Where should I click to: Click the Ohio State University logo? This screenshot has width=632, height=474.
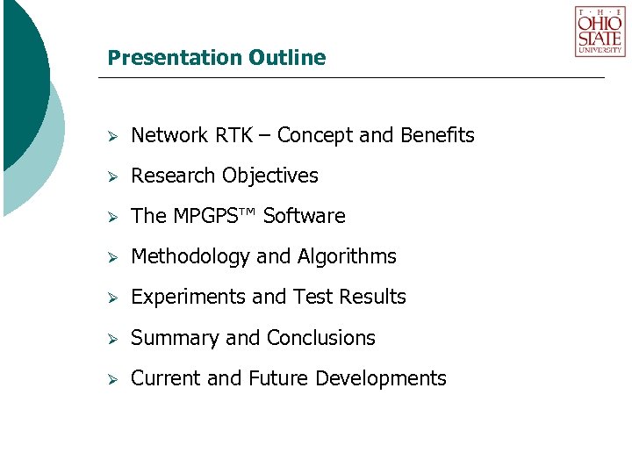[x=600, y=32]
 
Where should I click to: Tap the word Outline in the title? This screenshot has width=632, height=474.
[x=287, y=58]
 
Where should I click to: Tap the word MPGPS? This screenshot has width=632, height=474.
[x=216, y=216]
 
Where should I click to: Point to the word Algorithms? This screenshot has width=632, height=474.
[x=347, y=256]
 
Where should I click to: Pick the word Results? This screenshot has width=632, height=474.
[x=374, y=298]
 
